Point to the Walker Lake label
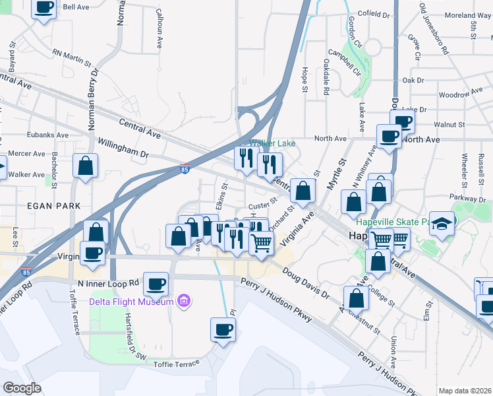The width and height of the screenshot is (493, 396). (x=272, y=143)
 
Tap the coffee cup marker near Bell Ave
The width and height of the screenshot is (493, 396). (x=44, y=8)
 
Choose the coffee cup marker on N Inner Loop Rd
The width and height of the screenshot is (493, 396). (x=156, y=284)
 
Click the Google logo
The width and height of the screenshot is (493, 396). (x=22, y=388)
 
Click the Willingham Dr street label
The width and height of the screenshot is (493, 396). (x=123, y=147)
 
